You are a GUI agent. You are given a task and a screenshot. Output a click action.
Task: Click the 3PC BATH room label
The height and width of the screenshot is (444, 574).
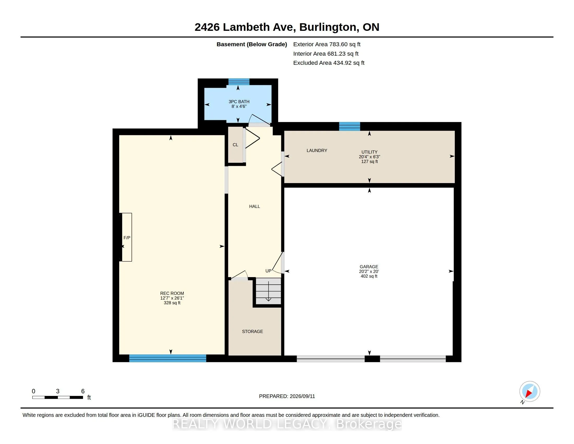click(239, 102)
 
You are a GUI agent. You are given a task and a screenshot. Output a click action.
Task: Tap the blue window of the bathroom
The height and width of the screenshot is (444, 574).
click(239, 82)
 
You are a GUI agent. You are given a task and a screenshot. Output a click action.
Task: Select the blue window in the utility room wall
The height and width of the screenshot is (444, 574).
click(349, 126)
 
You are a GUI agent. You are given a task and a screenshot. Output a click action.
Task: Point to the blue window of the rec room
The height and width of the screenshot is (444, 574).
click(168, 358)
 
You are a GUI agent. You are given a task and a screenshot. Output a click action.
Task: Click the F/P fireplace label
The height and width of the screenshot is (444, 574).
click(127, 238)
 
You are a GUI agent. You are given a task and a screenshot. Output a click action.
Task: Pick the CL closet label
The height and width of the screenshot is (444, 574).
click(235, 145)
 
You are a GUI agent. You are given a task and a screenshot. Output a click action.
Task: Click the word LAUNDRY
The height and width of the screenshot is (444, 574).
click(317, 150)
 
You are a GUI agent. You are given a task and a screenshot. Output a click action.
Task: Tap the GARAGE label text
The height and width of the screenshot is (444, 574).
click(369, 266)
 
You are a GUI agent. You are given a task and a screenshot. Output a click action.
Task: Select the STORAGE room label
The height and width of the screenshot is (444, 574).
click(252, 331)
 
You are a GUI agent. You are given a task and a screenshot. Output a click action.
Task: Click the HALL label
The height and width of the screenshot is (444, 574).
click(254, 207)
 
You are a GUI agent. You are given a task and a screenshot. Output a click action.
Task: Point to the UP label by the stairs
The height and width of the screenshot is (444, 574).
click(268, 271)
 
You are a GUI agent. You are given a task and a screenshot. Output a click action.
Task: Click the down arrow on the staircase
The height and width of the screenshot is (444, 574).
click(268, 291)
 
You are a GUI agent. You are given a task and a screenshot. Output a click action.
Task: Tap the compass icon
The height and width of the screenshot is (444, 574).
click(530, 392)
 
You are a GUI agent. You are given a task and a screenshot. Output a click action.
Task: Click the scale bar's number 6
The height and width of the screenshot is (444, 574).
click(83, 391)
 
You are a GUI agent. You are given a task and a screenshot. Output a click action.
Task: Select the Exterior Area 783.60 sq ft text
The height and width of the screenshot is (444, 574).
click(327, 44)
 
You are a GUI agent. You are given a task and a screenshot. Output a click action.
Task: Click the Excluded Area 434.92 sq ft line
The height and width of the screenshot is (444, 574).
click(329, 63)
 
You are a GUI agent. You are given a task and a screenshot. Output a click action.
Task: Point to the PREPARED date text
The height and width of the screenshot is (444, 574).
click(287, 396)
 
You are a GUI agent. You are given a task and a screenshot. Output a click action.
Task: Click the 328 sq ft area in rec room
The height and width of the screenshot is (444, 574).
click(172, 303)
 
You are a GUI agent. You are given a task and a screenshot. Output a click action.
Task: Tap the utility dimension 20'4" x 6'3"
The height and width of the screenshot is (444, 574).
click(369, 157)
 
